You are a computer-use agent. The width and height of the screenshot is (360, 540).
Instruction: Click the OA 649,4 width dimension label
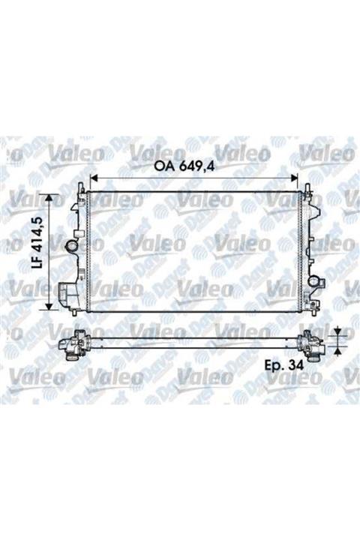tap(192, 166)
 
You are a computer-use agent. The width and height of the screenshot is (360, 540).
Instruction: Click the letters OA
tap(166, 166)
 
